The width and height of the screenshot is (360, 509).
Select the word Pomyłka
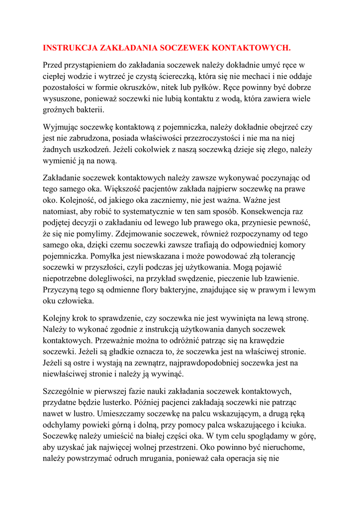(107, 256)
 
